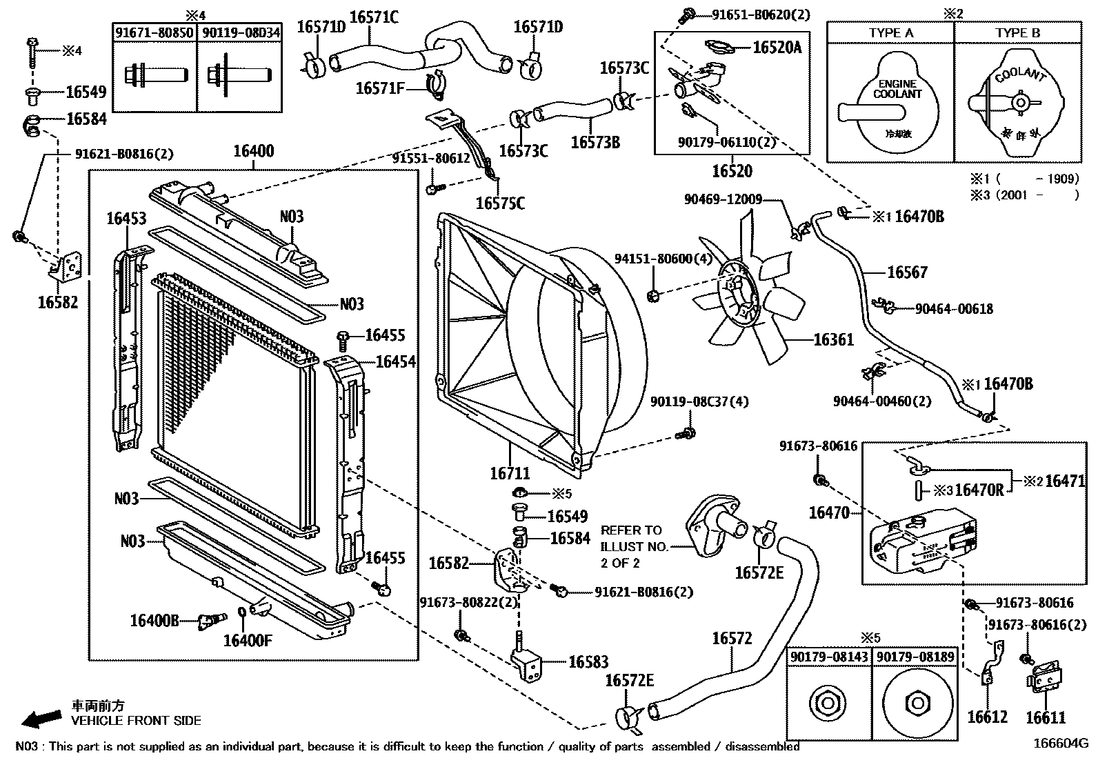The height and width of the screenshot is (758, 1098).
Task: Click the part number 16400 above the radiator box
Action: [253, 152]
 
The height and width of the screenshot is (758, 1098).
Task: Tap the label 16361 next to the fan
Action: [834, 339]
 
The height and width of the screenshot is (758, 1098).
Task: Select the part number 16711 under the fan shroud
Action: [510, 474]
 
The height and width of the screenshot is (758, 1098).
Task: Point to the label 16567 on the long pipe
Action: [907, 272]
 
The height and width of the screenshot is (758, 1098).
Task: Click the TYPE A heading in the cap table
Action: [891, 33]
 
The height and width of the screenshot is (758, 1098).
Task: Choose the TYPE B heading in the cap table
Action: [1017, 33]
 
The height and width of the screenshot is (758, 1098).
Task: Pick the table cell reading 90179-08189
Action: [917, 657]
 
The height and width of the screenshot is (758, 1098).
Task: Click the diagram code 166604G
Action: [1060, 744]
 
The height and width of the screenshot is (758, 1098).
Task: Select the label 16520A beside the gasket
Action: [777, 47]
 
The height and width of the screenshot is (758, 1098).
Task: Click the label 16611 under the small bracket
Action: [1046, 717]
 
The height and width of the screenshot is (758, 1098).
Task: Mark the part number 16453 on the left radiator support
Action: [126, 219]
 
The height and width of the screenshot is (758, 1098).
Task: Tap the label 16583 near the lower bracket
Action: [588, 662]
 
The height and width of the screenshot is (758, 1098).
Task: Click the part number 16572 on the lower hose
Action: [732, 639]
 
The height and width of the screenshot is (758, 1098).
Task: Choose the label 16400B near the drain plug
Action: [154, 621]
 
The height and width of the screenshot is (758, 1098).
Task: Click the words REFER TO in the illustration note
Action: [631, 530]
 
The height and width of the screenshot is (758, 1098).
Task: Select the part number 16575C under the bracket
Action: [500, 203]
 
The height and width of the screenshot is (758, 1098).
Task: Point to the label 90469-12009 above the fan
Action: [723, 199]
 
